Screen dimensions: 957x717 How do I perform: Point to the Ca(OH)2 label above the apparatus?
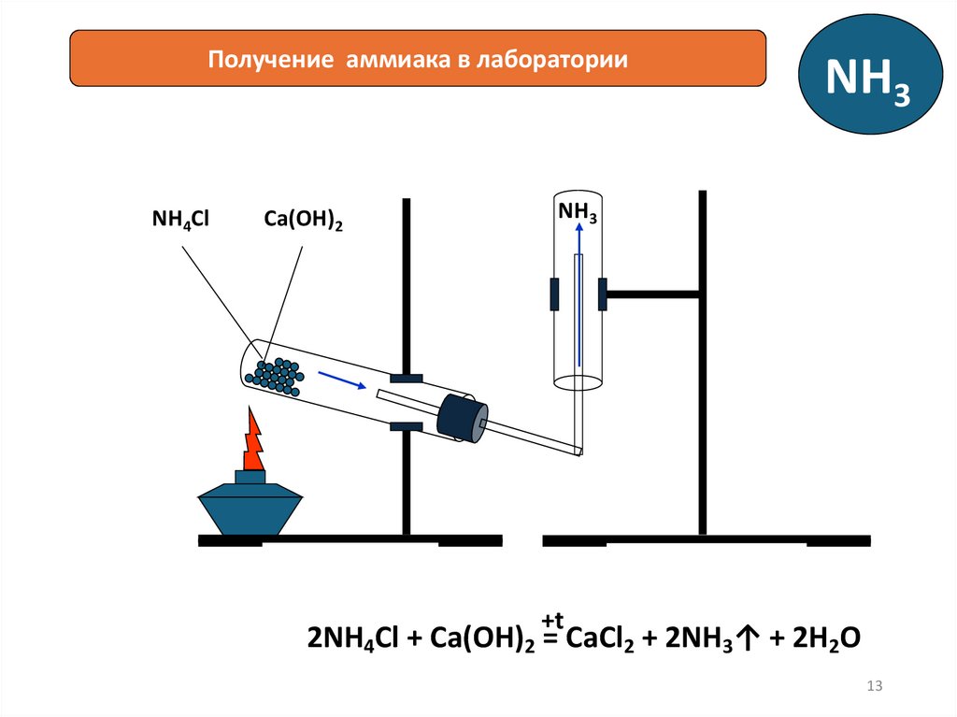pos(303,222)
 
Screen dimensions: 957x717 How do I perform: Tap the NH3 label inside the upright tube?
pos(578,211)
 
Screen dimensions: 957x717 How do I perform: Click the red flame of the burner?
pos(253,440)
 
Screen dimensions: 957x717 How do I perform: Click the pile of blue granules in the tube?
pos(273,373)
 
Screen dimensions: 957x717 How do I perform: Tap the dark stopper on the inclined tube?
pos(461,417)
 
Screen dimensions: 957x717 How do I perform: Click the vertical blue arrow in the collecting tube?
pos(578,299)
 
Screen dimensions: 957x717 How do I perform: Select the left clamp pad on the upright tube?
pos(554,294)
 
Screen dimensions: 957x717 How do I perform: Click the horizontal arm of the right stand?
pos(653,294)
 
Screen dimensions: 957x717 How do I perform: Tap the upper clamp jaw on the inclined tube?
pos(406,379)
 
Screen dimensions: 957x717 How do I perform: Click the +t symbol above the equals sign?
pos(554,621)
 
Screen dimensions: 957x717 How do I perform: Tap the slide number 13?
pos(876,687)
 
